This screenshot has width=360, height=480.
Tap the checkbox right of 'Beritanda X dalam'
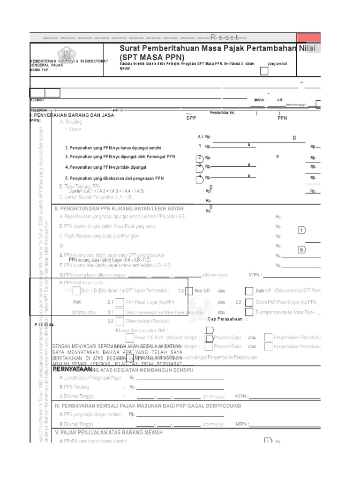[x=264, y=71]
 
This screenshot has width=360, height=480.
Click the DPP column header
[x=191, y=119]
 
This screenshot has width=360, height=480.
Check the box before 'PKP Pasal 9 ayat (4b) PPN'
[x=120, y=302]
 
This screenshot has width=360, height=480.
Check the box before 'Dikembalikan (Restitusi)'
[x=120, y=321]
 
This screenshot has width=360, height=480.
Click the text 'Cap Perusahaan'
[x=227, y=319]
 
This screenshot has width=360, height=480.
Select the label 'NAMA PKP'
[x=39, y=69]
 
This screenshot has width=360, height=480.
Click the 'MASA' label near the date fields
[x=260, y=100]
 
